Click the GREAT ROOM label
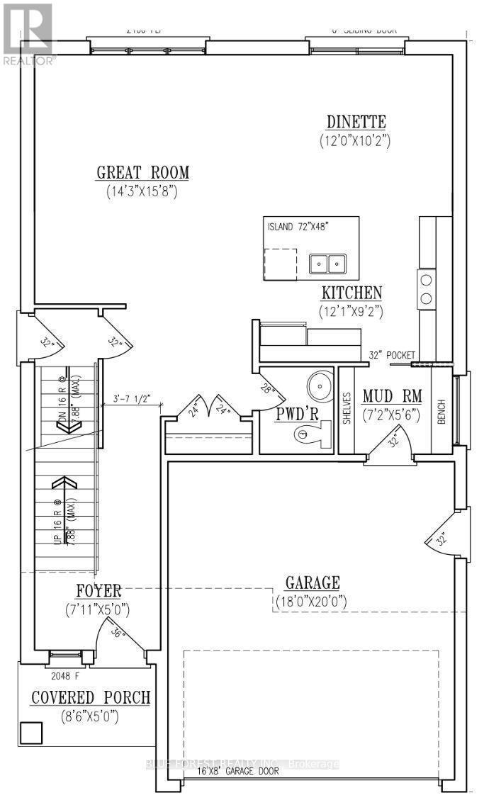point(143,172)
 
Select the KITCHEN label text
point(352,292)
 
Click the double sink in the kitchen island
point(327,264)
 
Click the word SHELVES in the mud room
point(347,408)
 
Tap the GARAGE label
point(312,583)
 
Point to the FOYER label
point(99,590)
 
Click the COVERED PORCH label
point(91,697)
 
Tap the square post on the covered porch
point(29,732)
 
